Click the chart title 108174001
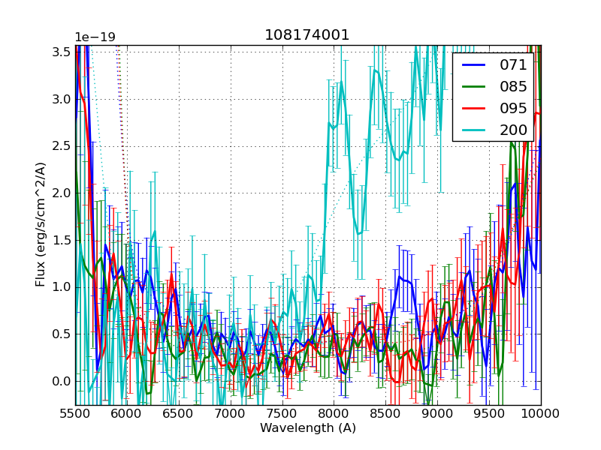(307, 35)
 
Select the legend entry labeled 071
(514, 65)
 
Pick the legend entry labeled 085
(514, 87)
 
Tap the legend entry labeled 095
(514, 108)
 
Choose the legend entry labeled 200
(514, 130)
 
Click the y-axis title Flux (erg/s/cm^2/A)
(41, 224)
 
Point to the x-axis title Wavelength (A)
(307, 428)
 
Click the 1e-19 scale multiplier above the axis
(95, 37)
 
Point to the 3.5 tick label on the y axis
(61, 52)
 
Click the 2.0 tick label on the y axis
(61, 193)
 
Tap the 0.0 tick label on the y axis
(61, 381)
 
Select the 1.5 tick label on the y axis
(61, 240)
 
